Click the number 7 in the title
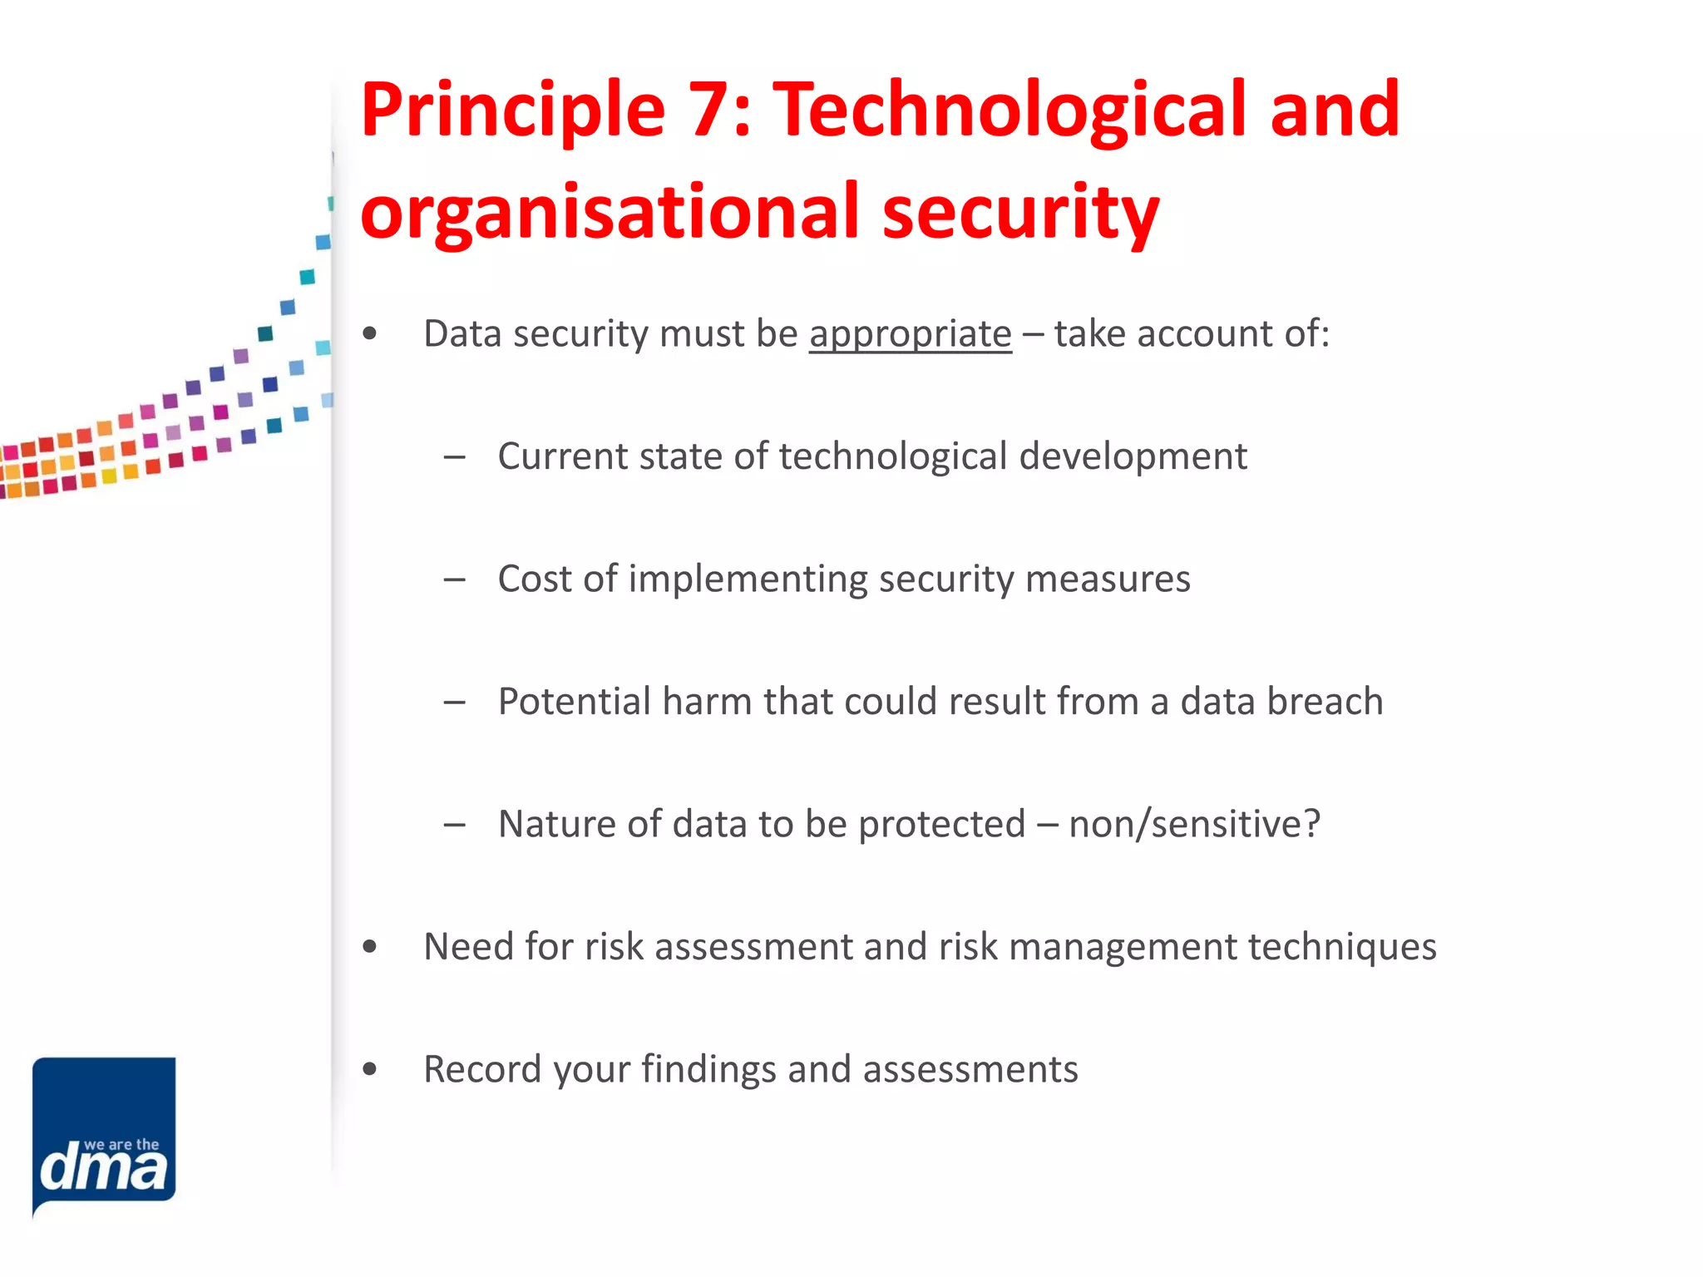click(712, 111)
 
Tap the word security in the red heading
click(1020, 213)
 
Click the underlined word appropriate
click(911, 334)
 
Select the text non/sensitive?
click(1195, 824)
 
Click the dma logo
click(104, 1136)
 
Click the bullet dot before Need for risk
click(370, 947)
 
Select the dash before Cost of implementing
click(454, 579)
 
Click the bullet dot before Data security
click(370, 334)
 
